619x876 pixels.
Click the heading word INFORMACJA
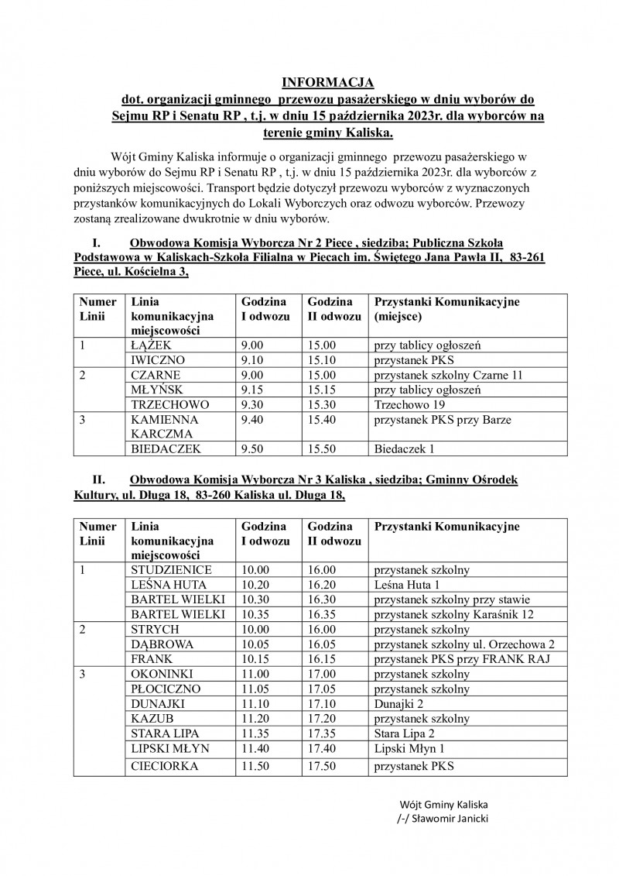click(327, 82)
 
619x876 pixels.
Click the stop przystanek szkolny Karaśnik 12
click(460, 614)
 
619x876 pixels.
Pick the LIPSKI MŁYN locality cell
click(170, 748)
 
